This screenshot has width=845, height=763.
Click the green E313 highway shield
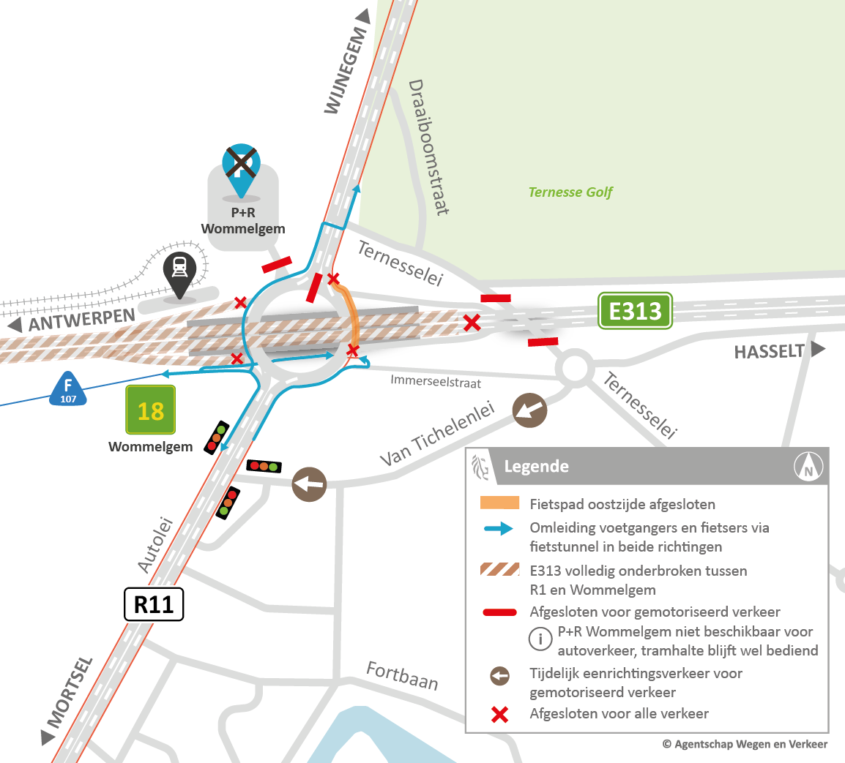[x=635, y=311]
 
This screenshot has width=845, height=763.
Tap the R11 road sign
[x=154, y=604]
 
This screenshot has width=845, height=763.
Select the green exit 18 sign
[x=150, y=410]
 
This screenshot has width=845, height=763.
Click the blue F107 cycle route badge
[x=68, y=389]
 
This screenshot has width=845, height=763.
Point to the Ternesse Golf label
[x=570, y=192]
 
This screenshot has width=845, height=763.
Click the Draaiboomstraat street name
[x=428, y=147]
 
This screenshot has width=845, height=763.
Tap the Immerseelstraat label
[x=436, y=381]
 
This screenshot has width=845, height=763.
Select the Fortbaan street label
[x=402, y=675]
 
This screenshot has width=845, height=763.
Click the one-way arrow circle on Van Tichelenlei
[x=529, y=410]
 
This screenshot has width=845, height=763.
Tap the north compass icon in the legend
[x=808, y=467]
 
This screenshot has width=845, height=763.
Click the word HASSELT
[x=769, y=352]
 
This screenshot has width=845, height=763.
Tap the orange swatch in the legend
[x=499, y=503]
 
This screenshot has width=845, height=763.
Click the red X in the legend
[x=499, y=714]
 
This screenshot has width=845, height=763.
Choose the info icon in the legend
[x=540, y=639]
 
